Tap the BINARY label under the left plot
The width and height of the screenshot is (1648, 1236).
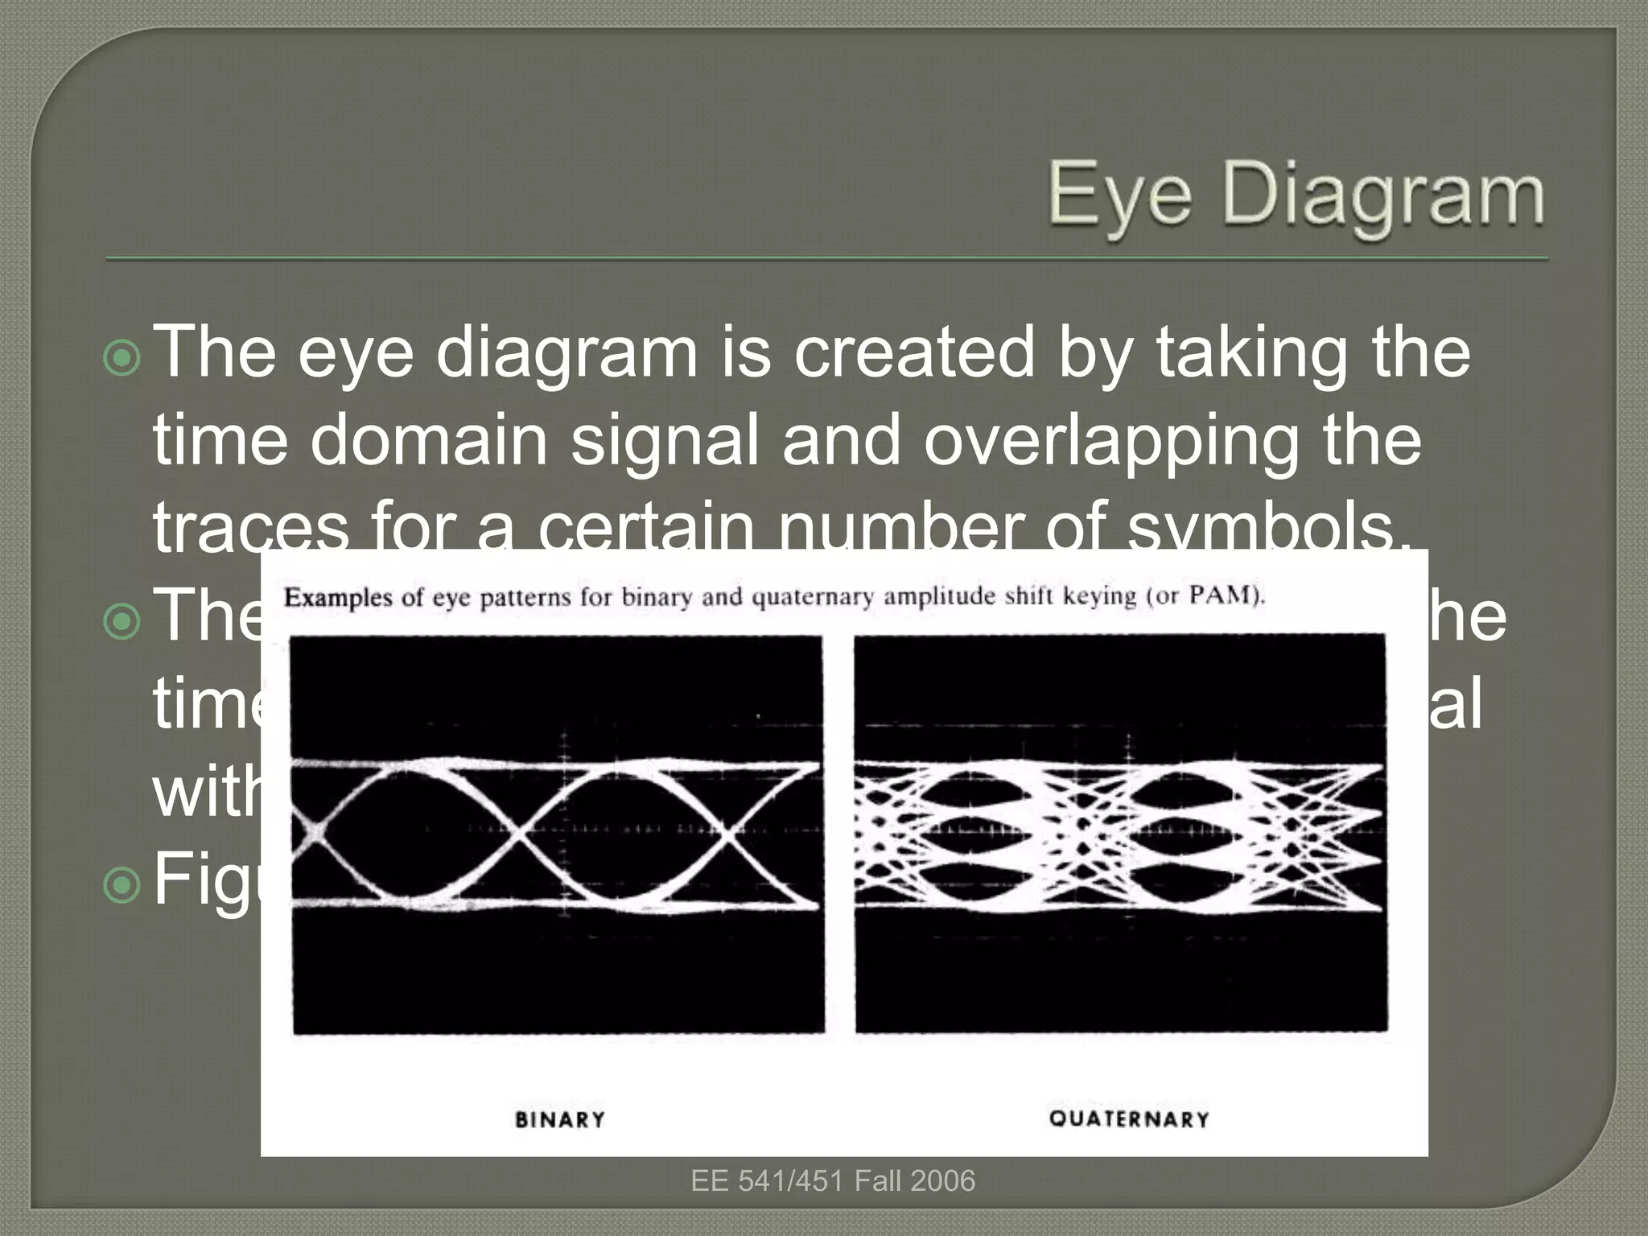[560, 1119]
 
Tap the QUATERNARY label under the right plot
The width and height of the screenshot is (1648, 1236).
[1129, 1119]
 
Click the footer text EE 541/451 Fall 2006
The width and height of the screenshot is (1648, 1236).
[833, 1180]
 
